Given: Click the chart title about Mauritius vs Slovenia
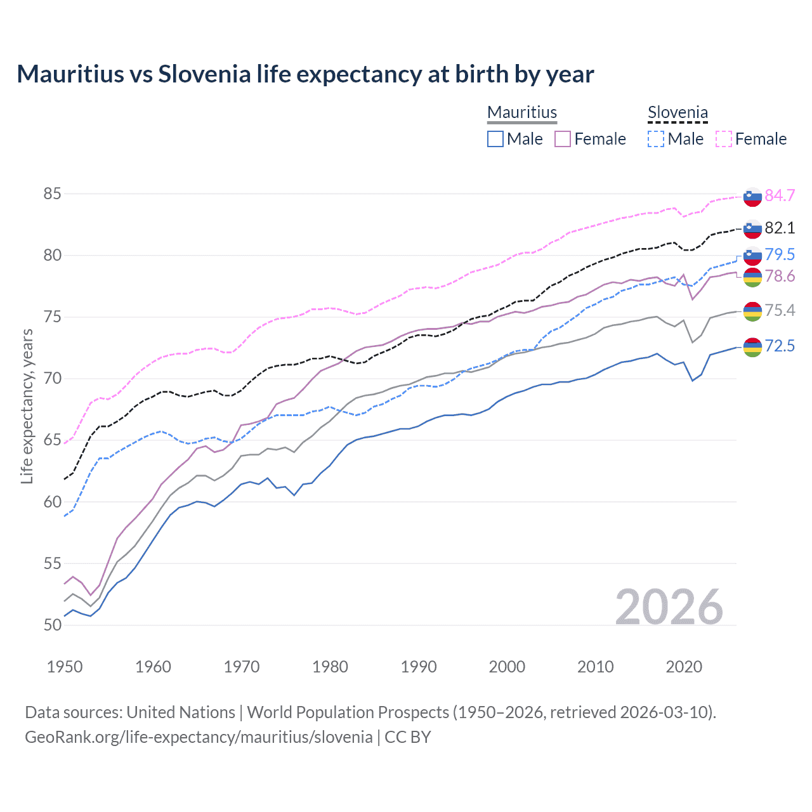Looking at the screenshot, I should click(x=305, y=74).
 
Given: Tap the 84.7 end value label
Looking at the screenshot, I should click(x=780, y=195).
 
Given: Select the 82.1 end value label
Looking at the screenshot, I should click(x=780, y=228).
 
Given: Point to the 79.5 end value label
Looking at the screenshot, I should click(x=780, y=254).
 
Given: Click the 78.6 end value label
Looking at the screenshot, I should click(x=780, y=276).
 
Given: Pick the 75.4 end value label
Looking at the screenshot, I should click(x=780, y=310).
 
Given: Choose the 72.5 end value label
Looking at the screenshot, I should click(x=780, y=346).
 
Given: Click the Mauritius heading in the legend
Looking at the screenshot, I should click(x=522, y=112).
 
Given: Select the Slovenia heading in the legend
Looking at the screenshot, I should click(x=678, y=112).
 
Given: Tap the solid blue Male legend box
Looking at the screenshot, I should click(x=495, y=139).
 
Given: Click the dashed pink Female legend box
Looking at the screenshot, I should click(x=724, y=139).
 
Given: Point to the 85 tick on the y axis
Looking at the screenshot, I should click(x=52, y=193).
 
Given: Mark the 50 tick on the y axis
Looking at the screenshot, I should click(x=52, y=625).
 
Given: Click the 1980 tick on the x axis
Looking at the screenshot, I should click(x=330, y=667).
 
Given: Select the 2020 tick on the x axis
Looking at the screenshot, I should click(x=684, y=667).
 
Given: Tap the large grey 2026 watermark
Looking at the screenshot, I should click(x=669, y=607).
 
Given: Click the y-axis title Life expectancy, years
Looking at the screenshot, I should click(x=27, y=406).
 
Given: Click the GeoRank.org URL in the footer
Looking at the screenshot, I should click(x=199, y=737).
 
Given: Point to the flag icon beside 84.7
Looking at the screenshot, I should click(x=752, y=197).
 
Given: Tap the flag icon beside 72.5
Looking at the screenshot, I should click(x=752, y=347).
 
